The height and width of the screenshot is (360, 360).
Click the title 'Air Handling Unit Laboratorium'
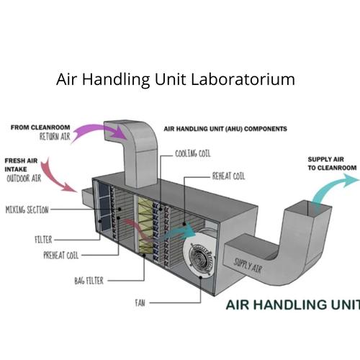(x=176, y=79)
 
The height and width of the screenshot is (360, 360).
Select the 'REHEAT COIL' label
(x=229, y=175)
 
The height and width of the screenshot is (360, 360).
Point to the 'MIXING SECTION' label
(x=27, y=210)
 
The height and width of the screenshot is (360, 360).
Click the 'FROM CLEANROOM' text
(x=40, y=127)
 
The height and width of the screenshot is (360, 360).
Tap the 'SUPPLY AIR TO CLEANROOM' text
(x=332, y=163)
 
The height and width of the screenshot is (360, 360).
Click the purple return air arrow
(x=98, y=132)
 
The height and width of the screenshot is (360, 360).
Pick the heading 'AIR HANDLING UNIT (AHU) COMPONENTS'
(x=225, y=130)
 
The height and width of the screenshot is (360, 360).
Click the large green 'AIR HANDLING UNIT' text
(x=292, y=305)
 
